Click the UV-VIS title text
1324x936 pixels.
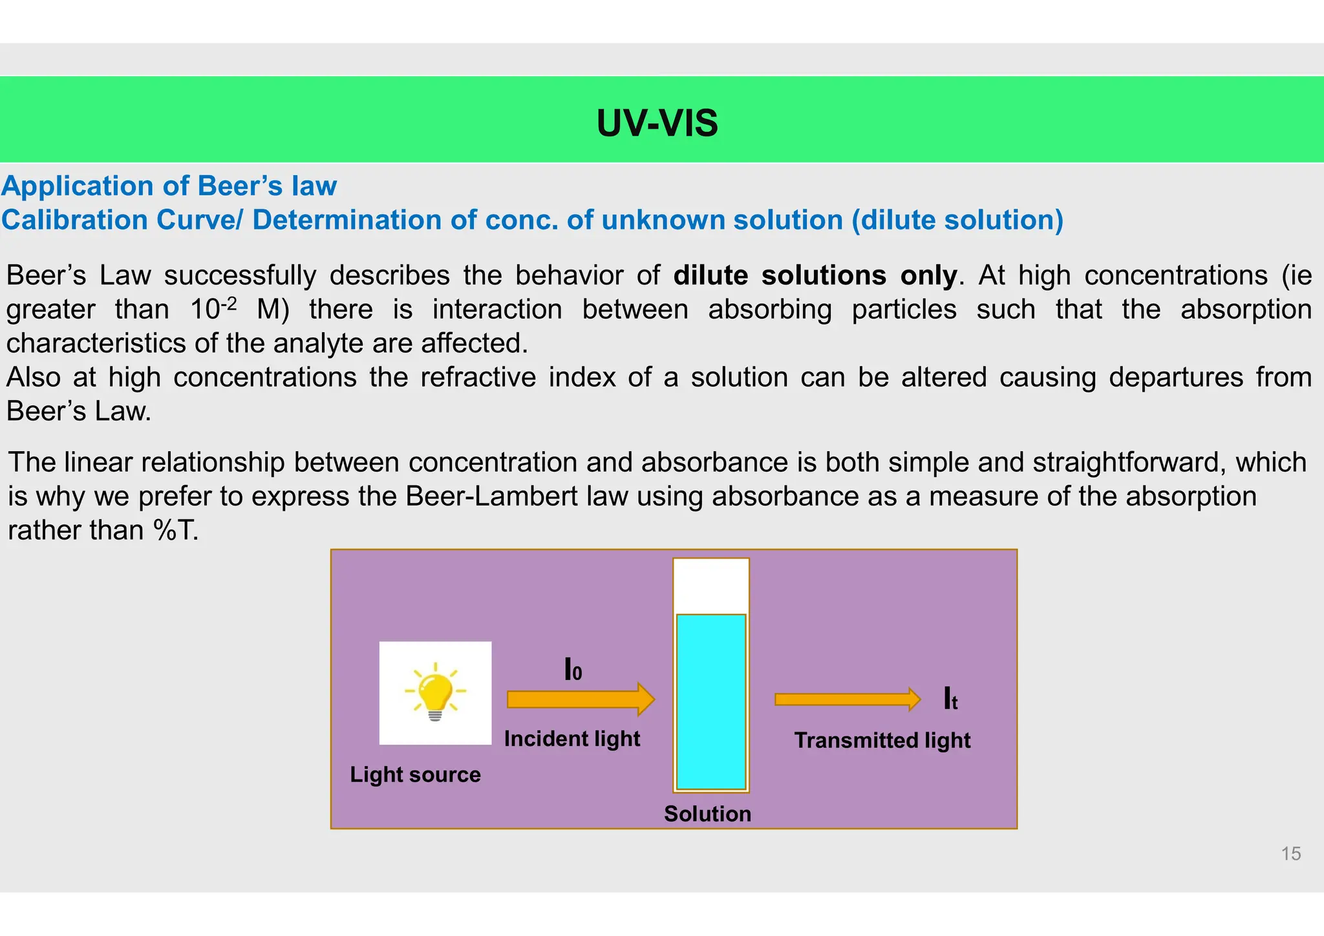[x=657, y=123]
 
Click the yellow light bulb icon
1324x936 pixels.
[x=435, y=693]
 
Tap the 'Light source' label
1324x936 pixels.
[x=415, y=774]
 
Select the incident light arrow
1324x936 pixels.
[x=580, y=699]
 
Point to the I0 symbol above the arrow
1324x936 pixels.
[x=573, y=670]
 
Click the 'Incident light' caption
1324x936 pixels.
[x=571, y=739]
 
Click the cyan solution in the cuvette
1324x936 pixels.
[x=710, y=701]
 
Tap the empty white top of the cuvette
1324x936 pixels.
[x=710, y=586]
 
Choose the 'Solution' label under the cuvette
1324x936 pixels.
[x=707, y=814]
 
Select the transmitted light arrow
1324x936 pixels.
[x=847, y=699]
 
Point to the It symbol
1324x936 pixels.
[x=950, y=699]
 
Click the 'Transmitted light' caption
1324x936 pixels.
[x=882, y=740]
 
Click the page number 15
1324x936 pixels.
[x=1290, y=854]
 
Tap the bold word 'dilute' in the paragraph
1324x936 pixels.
[x=710, y=275]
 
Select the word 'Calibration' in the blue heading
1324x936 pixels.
[x=75, y=220]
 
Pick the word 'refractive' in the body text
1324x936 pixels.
[x=478, y=378]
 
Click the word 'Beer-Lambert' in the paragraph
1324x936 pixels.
[x=493, y=496]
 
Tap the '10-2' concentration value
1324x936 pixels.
[x=213, y=308]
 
